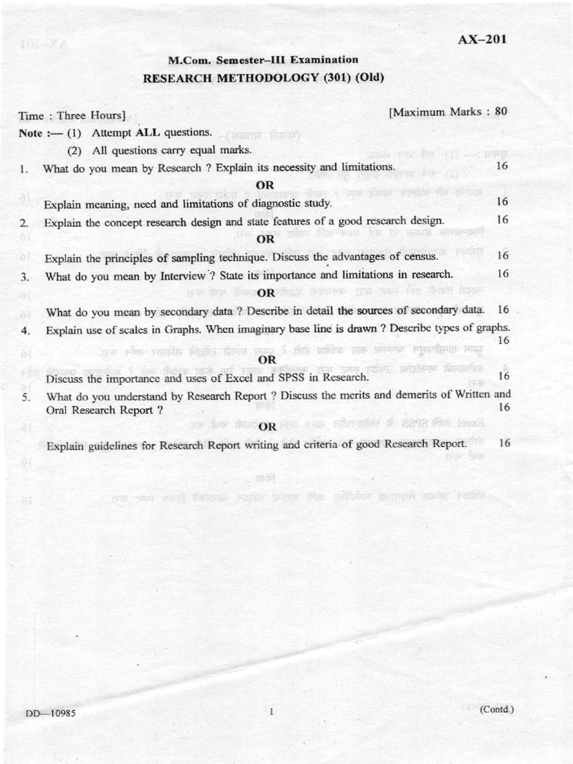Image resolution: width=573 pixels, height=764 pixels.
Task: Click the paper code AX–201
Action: (482, 40)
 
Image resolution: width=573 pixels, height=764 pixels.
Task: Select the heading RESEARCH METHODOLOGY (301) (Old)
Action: (263, 77)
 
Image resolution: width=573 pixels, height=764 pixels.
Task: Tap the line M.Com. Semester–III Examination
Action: (263, 60)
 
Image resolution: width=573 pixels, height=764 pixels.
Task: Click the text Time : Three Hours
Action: (72, 116)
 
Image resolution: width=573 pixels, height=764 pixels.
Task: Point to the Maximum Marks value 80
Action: (501, 111)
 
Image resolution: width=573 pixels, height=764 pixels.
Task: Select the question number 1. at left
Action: (25, 169)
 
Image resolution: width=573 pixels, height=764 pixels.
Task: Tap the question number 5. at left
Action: (26, 397)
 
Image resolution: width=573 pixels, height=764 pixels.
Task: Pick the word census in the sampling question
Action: (425, 257)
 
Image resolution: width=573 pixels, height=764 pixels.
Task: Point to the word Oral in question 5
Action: (57, 410)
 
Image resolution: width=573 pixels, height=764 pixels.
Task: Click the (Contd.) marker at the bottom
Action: (497, 709)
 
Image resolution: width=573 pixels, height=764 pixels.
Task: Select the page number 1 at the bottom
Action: (272, 712)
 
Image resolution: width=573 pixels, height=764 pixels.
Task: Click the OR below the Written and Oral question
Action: (267, 427)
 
